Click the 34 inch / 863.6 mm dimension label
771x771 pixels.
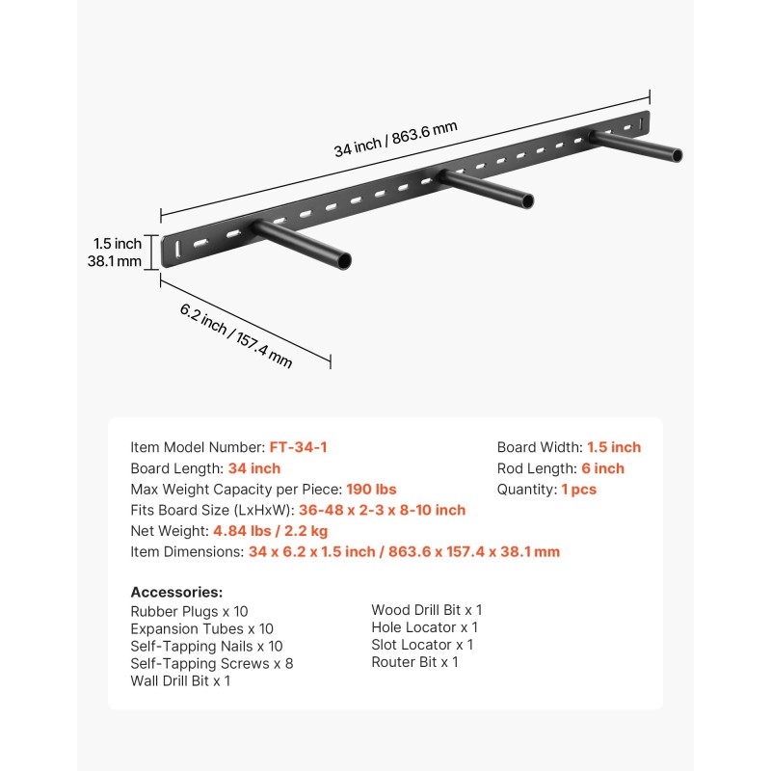coord(396,139)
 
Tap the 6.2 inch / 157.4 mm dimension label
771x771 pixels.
coord(236,335)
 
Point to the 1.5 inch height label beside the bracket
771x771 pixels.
coord(118,244)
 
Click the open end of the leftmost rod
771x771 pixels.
coord(345,260)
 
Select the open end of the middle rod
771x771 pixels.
coord(527,201)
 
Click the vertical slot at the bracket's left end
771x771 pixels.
coord(177,249)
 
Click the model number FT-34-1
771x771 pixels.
coord(298,447)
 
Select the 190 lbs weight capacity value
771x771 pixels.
coord(371,490)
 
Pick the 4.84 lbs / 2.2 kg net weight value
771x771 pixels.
coord(271,531)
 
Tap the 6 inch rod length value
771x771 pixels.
coord(603,468)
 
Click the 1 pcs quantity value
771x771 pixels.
coord(579,490)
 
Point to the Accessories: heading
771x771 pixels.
coord(176,592)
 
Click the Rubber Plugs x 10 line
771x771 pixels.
coord(189,611)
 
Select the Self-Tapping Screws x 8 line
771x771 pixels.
coord(212,663)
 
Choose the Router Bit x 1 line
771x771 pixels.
coord(415,662)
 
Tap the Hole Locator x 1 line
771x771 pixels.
coord(425,627)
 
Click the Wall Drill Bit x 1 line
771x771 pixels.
coord(180,680)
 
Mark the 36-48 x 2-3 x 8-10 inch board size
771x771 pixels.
coord(382,510)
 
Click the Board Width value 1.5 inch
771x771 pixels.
coord(614,447)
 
